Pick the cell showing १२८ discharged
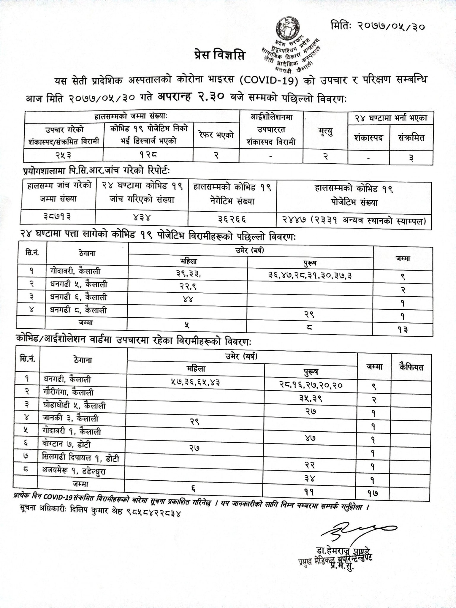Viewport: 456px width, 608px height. tap(148, 155)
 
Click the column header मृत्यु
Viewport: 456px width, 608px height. tap(325, 131)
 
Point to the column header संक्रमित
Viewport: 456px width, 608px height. tap(411, 138)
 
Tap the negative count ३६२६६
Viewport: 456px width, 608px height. tap(232, 219)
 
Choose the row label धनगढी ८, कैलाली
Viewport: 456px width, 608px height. tap(78, 310)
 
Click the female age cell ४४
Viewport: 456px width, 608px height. tap(188, 299)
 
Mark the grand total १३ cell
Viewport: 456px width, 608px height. tap(403, 330)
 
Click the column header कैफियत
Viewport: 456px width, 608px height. tap(411, 367)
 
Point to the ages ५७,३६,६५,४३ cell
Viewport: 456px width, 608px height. tap(195, 382)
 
